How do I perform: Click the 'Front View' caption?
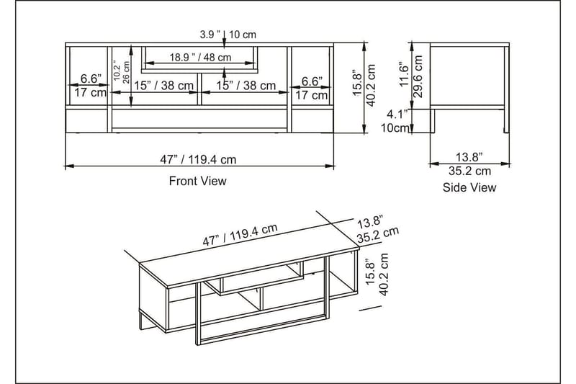pos(197,182)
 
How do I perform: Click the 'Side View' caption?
pos(469,188)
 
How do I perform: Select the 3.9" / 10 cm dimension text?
pos(228,34)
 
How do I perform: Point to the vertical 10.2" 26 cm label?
pos(121,72)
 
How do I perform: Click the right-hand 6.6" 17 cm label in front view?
pos(311,88)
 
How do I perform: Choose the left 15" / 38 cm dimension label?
pos(163,86)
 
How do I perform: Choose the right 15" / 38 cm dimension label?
pos(246,86)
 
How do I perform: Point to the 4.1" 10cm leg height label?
pos(397,121)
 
